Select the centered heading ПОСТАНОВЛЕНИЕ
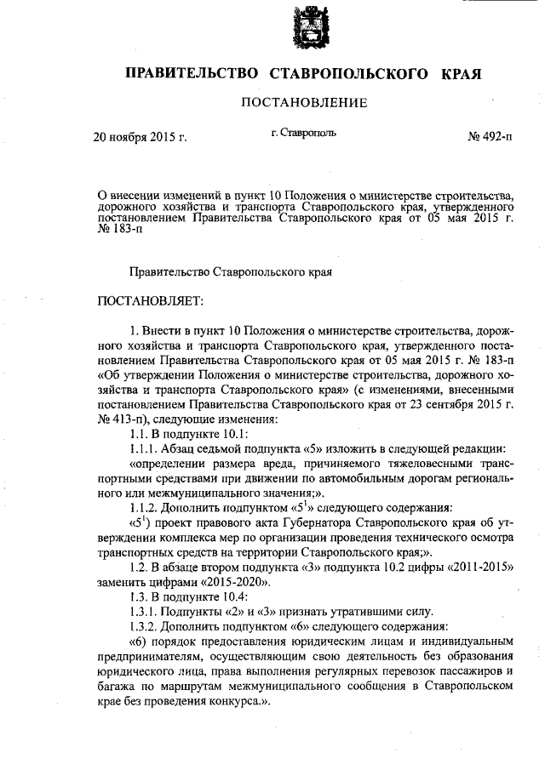[x=305, y=104]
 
